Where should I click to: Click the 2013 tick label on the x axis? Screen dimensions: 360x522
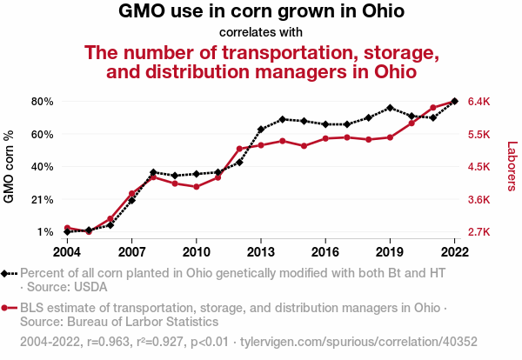[x=261, y=252]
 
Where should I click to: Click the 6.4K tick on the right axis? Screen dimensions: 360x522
[x=479, y=101]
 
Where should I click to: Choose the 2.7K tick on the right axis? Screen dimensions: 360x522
[x=479, y=232]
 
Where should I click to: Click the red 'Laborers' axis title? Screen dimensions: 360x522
[x=512, y=166]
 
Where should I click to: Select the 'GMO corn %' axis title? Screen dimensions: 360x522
[x=10, y=166]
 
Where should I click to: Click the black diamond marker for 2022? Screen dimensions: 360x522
[x=455, y=101]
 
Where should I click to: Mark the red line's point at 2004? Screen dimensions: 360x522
[x=67, y=228]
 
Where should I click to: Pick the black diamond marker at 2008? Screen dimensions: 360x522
[x=153, y=172]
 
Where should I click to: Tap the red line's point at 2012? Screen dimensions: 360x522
[x=239, y=149]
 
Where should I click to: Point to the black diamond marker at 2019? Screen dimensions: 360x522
[x=390, y=108]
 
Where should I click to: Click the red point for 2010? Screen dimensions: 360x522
[x=197, y=187]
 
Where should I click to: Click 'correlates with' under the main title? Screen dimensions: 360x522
[x=260, y=33]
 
